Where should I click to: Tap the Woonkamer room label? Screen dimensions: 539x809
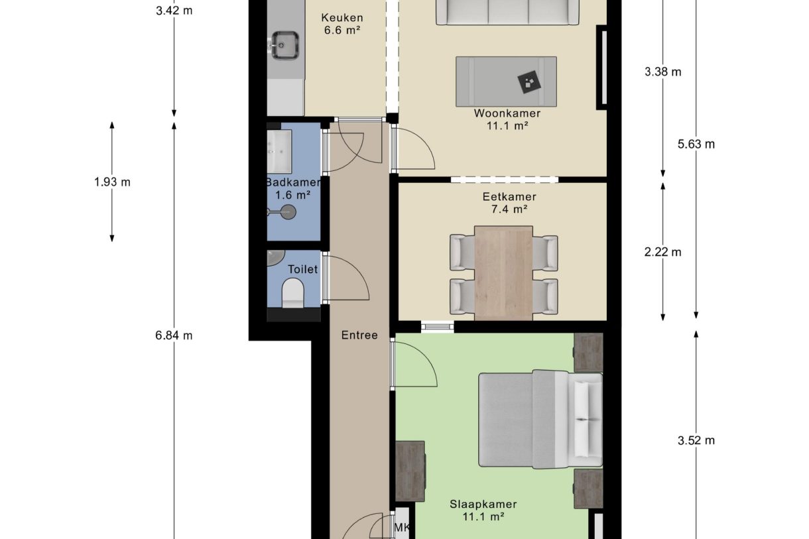tap(507, 113)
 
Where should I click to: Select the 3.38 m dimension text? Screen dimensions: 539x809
tap(662, 72)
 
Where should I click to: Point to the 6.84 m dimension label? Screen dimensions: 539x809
tap(174, 335)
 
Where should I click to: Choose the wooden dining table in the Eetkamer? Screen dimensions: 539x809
tap(503, 272)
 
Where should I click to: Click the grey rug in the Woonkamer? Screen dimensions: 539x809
tap(506, 82)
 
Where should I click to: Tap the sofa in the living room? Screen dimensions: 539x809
tap(507, 12)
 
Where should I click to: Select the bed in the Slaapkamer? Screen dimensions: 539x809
tap(540, 420)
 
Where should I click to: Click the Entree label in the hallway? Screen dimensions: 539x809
tap(359, 335)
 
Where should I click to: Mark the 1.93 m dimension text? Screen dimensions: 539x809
tap(112, 182)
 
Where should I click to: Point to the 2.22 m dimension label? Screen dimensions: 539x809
tap(662, 252)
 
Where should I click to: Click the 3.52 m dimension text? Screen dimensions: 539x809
tap(696, 440)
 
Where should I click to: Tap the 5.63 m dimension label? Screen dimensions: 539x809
tap(696, 145)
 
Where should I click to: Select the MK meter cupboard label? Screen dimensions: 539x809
tap(402, 528)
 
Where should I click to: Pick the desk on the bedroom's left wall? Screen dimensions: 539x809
tap(410, 471)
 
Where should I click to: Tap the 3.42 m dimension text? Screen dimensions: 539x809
tap(174, 11)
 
